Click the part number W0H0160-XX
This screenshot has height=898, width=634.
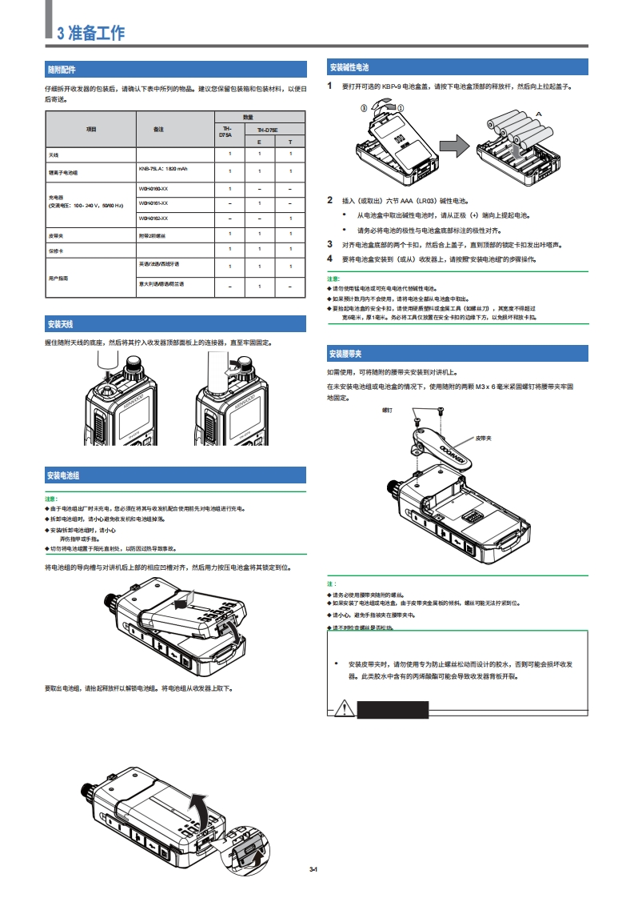(x=154, y=189)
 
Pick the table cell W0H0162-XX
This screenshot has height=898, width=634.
(x=154, y=218)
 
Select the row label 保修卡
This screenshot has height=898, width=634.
(x=55, y=251)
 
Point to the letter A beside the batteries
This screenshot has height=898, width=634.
(x=538, y=114)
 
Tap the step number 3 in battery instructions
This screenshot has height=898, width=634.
(x=329, y=244)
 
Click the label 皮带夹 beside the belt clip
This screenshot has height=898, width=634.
(x=484, y=439)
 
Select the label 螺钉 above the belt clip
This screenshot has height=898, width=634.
(x=388, y=410)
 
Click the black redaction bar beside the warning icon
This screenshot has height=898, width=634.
(x=393, y=708)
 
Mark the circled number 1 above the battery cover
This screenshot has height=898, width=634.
(x=401, y=106)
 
